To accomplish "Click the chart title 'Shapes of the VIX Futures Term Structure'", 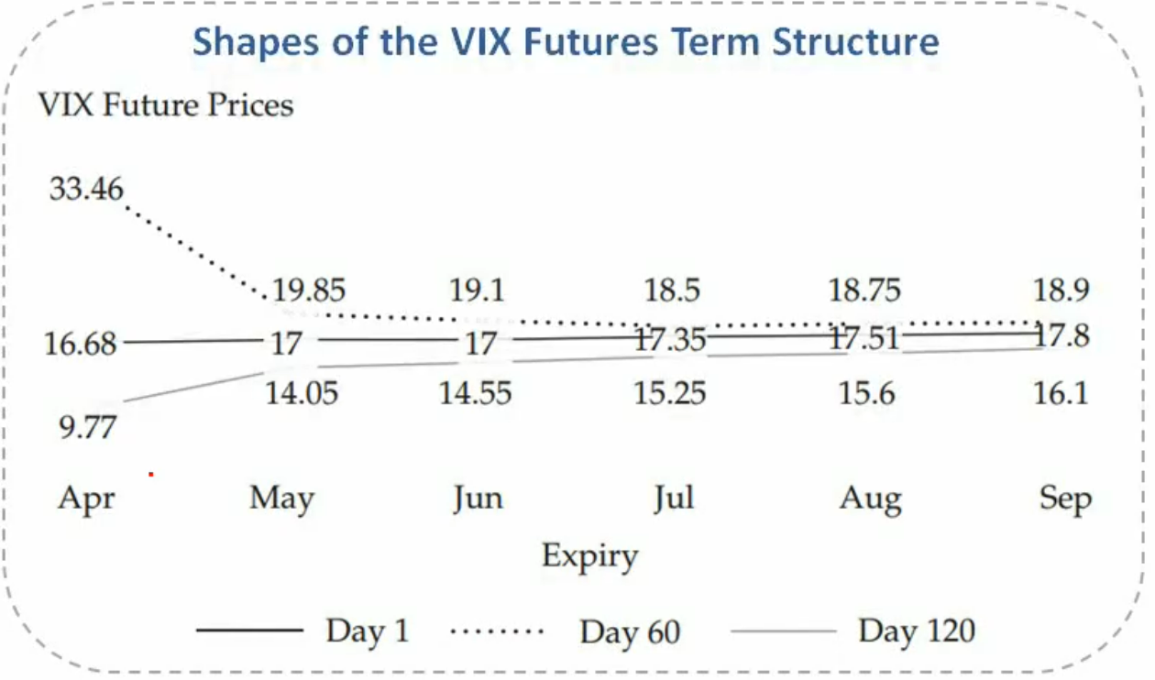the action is coord(566,41).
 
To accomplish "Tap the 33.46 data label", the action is coord(86,189).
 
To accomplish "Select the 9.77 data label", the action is coord(88,427).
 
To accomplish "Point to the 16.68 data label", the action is coord(81,344).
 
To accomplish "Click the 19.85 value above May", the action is coord(308,290).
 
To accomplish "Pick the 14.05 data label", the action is coord(302,393).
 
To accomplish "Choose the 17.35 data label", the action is coord(670,340).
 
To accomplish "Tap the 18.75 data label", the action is coord(864,290).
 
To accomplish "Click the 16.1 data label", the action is coord(1061,393).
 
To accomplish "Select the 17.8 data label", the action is coord(1062,335).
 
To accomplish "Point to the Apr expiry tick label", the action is coord(86,499).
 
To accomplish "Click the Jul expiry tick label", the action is coord(675,499).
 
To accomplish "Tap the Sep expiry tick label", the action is coord(1065,499).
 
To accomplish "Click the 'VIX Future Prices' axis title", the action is coord(166,105).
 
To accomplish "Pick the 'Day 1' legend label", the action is coord(368,631).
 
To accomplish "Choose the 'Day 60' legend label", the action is coord(630,631).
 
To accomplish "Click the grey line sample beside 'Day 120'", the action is coord(783,631).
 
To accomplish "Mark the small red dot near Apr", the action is coord(151,475).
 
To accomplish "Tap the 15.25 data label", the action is coord(669,393).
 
